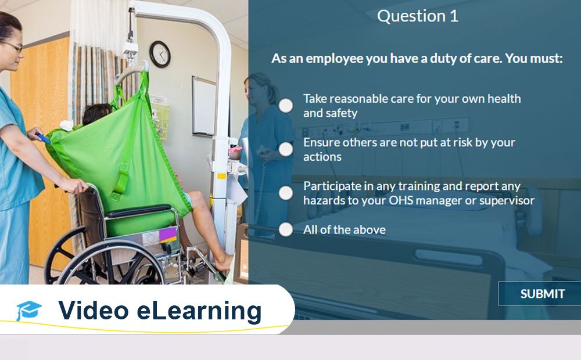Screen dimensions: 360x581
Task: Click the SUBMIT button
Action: pyautogui.click(x=541, y=294)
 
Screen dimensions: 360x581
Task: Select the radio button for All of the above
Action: pyautogui.click(x=285, y=229)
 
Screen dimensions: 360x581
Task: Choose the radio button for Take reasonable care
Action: pyautogui.click(x=285, y=105)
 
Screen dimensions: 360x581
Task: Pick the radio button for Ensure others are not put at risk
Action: pyautogui.click(x=285, y=149)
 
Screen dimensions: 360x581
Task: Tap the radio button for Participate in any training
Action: pyautogui.click(x=285, y=193)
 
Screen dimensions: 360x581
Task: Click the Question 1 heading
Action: pyautogui.click(x=417, y=16)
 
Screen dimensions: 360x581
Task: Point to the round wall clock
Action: pyautogui.click(x=160, y=53)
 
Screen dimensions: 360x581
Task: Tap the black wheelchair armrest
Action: pyautogui.click(x=139, y=210)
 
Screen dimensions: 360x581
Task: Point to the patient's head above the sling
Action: pyautogui.click(x=96, y=114)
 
